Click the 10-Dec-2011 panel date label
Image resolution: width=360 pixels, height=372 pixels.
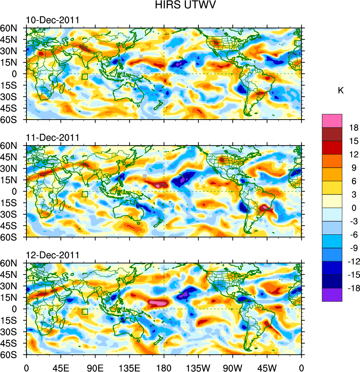tap(53, 20)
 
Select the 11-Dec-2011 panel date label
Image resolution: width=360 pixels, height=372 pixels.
tap(53, 138)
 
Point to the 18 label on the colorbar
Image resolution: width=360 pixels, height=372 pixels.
tap(354, 128)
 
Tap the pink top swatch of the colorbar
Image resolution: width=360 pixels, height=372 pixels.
tap(332, 121)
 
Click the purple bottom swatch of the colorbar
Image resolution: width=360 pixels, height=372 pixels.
tap(332, 295)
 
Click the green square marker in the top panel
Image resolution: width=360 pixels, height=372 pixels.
tap(84, 77)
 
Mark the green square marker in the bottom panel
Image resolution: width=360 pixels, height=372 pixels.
tap(84, 312)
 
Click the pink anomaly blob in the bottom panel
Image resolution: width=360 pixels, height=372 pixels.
tap(158, 303)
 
